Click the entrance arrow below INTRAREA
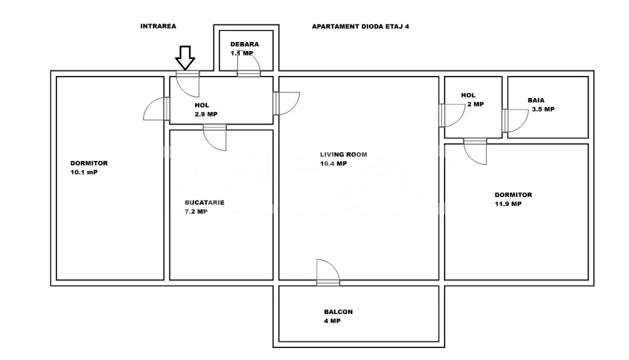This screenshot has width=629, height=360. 185,57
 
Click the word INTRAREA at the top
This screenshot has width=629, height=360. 158,26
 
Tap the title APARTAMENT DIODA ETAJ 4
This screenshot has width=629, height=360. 360,26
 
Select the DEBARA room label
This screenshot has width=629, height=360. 244,45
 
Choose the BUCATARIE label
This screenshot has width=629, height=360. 204,203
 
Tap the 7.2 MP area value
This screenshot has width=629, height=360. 196,212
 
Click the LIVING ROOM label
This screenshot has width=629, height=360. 344,155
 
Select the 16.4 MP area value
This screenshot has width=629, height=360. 334,163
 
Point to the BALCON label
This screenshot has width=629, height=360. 338,312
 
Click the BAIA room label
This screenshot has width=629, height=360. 536,100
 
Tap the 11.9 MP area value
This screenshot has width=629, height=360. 508,204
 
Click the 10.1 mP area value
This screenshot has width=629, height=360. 84,172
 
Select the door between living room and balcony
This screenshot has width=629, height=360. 328,273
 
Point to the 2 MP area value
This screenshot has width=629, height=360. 475,104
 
